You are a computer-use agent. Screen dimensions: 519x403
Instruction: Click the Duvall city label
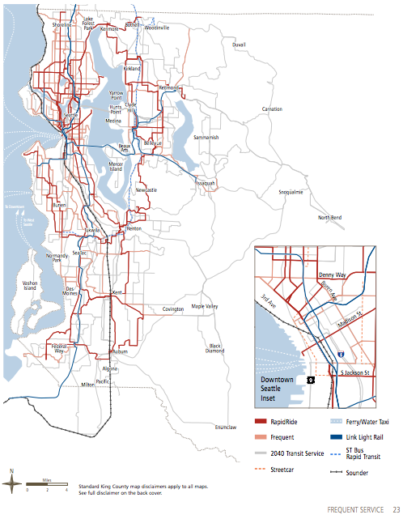(x=238, y=45)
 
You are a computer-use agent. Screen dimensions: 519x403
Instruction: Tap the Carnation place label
(x=272, y=108)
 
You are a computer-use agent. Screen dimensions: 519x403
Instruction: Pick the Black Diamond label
(x=215, y=347)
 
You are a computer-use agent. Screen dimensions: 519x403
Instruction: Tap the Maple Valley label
(x=205, y=307)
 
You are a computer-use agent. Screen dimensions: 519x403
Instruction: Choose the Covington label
(x=173, y=309)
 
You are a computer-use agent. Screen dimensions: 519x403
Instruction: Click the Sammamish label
(x=207, y=138)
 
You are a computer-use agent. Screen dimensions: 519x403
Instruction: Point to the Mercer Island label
(x=117, y=166)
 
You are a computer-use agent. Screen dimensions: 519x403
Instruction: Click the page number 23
(x=397, y=508)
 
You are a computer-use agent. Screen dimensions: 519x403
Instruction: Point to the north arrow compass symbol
(x=12, y=483)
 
